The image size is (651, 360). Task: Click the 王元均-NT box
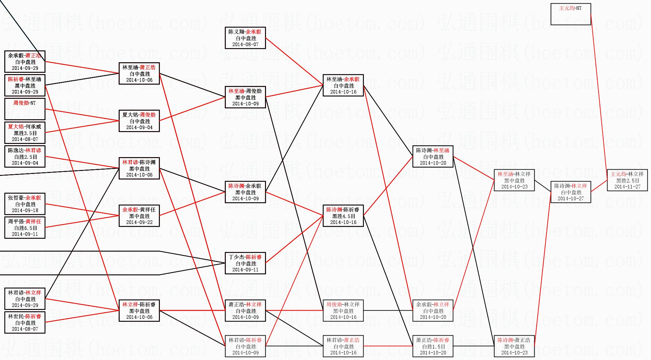pos(571,14)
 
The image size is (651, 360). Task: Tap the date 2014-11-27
pos(627,187)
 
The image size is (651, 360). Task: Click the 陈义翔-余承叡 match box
pos(245,38)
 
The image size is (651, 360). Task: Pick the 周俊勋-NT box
pos(25,109)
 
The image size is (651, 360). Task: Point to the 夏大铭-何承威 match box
pos(25,133)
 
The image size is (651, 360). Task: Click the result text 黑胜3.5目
pos(25,133)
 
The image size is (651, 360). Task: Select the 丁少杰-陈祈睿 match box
pos(245,263)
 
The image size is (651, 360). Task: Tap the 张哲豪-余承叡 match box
pos(25,204)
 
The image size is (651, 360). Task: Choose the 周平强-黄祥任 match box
pos(25,228)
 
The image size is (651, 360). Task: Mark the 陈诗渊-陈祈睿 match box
pos(343,216)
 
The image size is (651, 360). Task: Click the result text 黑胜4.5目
pos(343,216)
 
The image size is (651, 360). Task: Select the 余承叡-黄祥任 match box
pos(139,216)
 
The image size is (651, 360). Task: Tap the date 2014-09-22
pos(139,222)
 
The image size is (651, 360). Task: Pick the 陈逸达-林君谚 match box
pos(25,156)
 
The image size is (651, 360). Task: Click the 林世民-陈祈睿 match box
pos(25,322)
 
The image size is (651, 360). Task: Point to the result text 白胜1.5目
pos(433,346)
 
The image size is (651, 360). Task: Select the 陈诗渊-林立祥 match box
pos(571,192)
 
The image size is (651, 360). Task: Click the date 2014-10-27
pos(571,199)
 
